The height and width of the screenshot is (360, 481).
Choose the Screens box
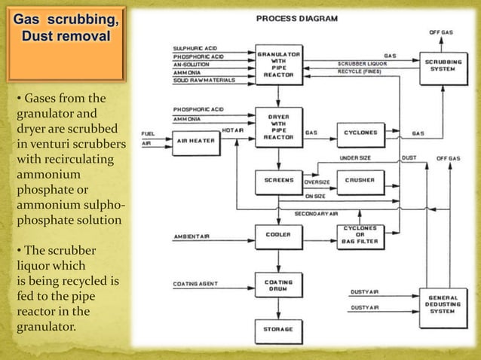point(279,181)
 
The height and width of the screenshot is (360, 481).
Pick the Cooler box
point(279,234)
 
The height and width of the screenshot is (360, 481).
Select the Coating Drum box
point(279,287)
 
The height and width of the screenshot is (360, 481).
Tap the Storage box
point(279,329)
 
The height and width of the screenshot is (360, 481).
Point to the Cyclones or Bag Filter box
point(361,234)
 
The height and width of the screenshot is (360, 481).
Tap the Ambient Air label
point(192,236)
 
